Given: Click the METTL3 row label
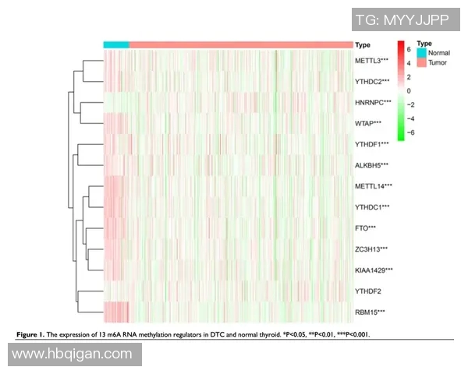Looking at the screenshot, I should tap(372, 60).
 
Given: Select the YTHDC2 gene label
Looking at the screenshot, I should tap(372, 81).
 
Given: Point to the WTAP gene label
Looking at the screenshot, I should tap(368, 123).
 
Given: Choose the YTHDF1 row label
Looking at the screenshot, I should tap(372, 144).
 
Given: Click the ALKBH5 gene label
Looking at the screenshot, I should tap(372, 165).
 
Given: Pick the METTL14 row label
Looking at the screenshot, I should tap(374, 186).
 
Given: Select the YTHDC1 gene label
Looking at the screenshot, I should tap(372, 207).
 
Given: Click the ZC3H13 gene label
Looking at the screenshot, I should tap(372, 249).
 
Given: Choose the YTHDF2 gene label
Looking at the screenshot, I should tap(369, 291).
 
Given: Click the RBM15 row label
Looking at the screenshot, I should tap(370, 312).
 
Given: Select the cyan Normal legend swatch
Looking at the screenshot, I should tap(422, 52).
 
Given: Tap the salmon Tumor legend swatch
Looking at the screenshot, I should tap(422, 62).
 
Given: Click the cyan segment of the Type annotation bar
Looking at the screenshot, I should tap(116, 44).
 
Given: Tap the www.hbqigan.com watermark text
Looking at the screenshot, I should tap(72, 355).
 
